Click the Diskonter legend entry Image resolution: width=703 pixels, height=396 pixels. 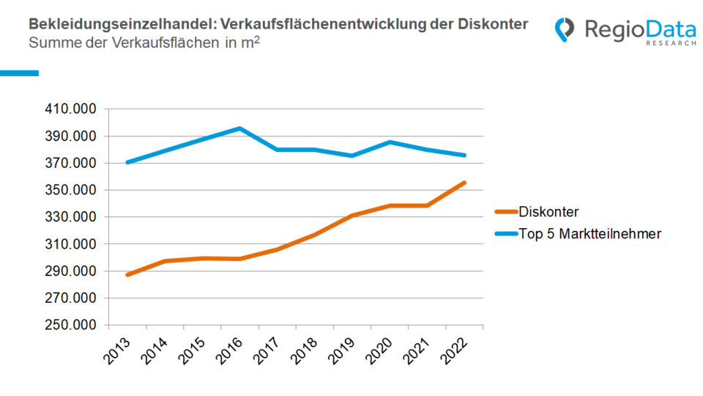548,213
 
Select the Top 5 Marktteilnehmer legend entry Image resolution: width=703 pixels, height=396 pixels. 589,235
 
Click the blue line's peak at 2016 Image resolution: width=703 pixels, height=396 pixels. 240,128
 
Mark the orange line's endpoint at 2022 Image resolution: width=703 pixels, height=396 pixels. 464,183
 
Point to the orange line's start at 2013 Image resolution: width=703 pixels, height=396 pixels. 127,275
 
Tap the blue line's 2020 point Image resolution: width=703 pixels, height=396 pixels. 390,142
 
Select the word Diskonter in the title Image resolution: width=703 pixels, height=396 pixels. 495,24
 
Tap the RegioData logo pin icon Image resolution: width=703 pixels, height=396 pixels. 565,30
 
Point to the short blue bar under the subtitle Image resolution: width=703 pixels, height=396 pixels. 19,73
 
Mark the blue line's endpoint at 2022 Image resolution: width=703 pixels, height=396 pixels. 464,155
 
